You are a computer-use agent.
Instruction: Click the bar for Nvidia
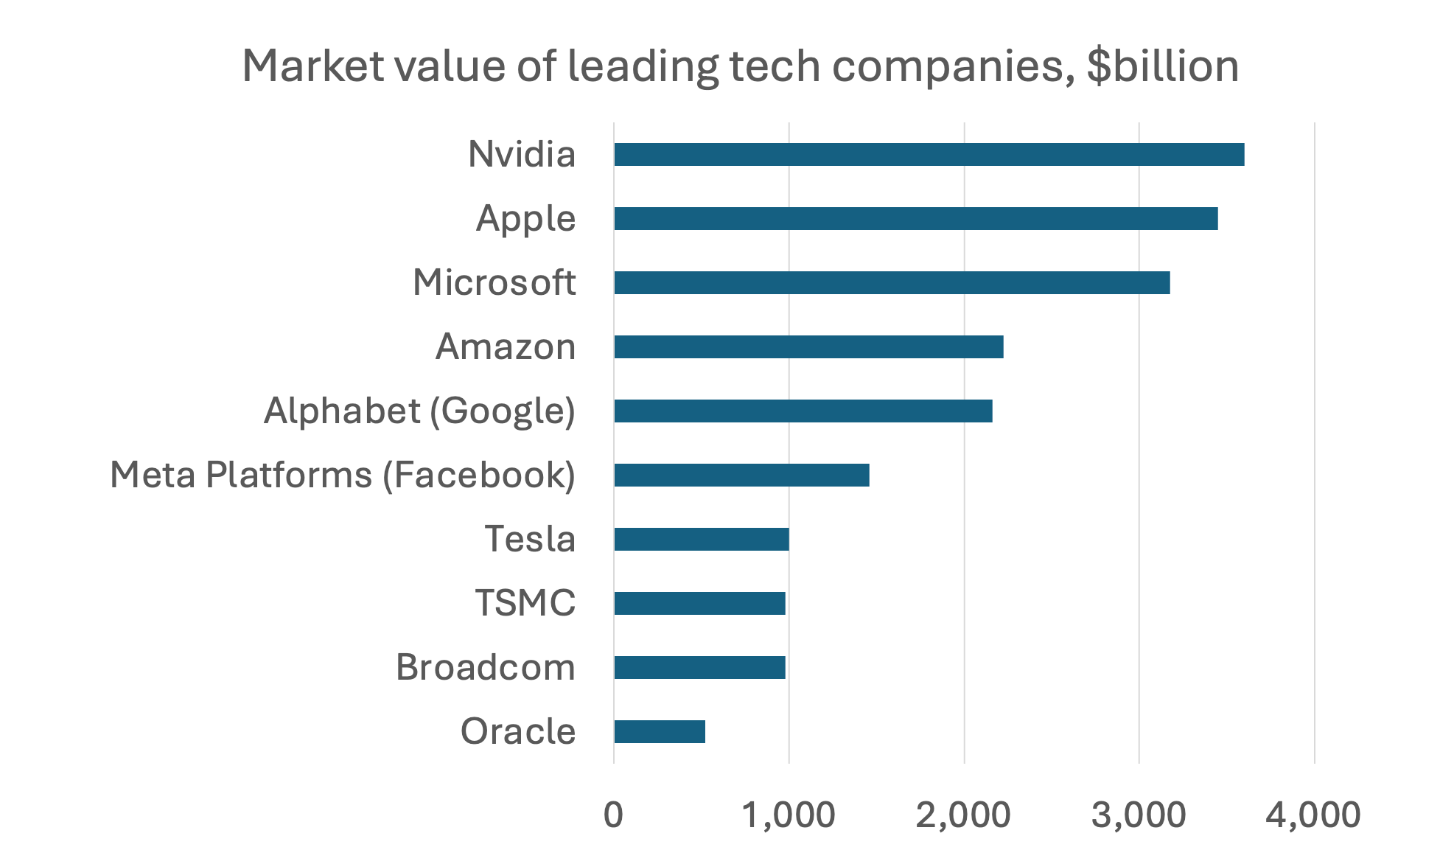click(929, 155)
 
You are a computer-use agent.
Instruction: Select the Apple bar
click(915, 219)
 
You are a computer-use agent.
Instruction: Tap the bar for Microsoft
click(892, 283)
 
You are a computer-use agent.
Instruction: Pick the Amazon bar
click(808, 347)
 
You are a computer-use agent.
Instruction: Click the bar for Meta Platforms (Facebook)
click(741, 475)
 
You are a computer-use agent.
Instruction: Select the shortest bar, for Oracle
click(660, 732)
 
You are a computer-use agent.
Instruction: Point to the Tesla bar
click(702, 540)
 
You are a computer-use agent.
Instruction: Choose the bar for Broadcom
click(699, 668)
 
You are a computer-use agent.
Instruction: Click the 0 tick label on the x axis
click(613, 815)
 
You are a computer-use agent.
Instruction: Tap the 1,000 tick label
click(789, 815)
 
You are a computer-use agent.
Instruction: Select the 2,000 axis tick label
click(963, 815)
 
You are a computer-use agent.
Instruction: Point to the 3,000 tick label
click(1139, 815)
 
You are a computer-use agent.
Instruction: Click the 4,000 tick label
click(1313, 815)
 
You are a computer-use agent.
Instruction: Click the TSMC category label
click(525, 603)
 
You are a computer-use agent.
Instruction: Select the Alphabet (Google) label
click(419, 411)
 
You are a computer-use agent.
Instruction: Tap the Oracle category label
click(518, 731)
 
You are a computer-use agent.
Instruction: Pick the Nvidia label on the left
click(522, 155)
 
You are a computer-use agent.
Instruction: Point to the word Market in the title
click(313, 66)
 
